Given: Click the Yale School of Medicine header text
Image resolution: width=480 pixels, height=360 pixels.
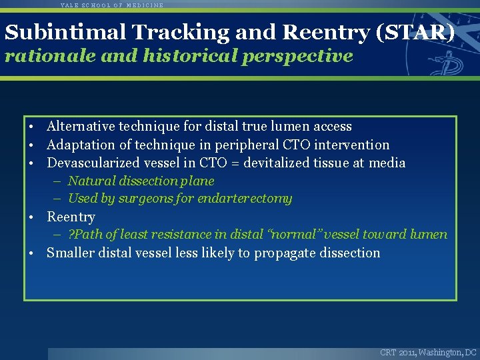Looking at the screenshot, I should (x=111, y=5).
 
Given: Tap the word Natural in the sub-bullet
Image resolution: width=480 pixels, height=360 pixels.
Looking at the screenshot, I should (x=90, y=181).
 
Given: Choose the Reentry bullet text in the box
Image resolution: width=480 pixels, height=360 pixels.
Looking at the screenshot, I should (x=71, y=217).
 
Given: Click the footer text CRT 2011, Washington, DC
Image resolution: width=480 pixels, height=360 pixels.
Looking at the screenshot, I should (x=428, y=352).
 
